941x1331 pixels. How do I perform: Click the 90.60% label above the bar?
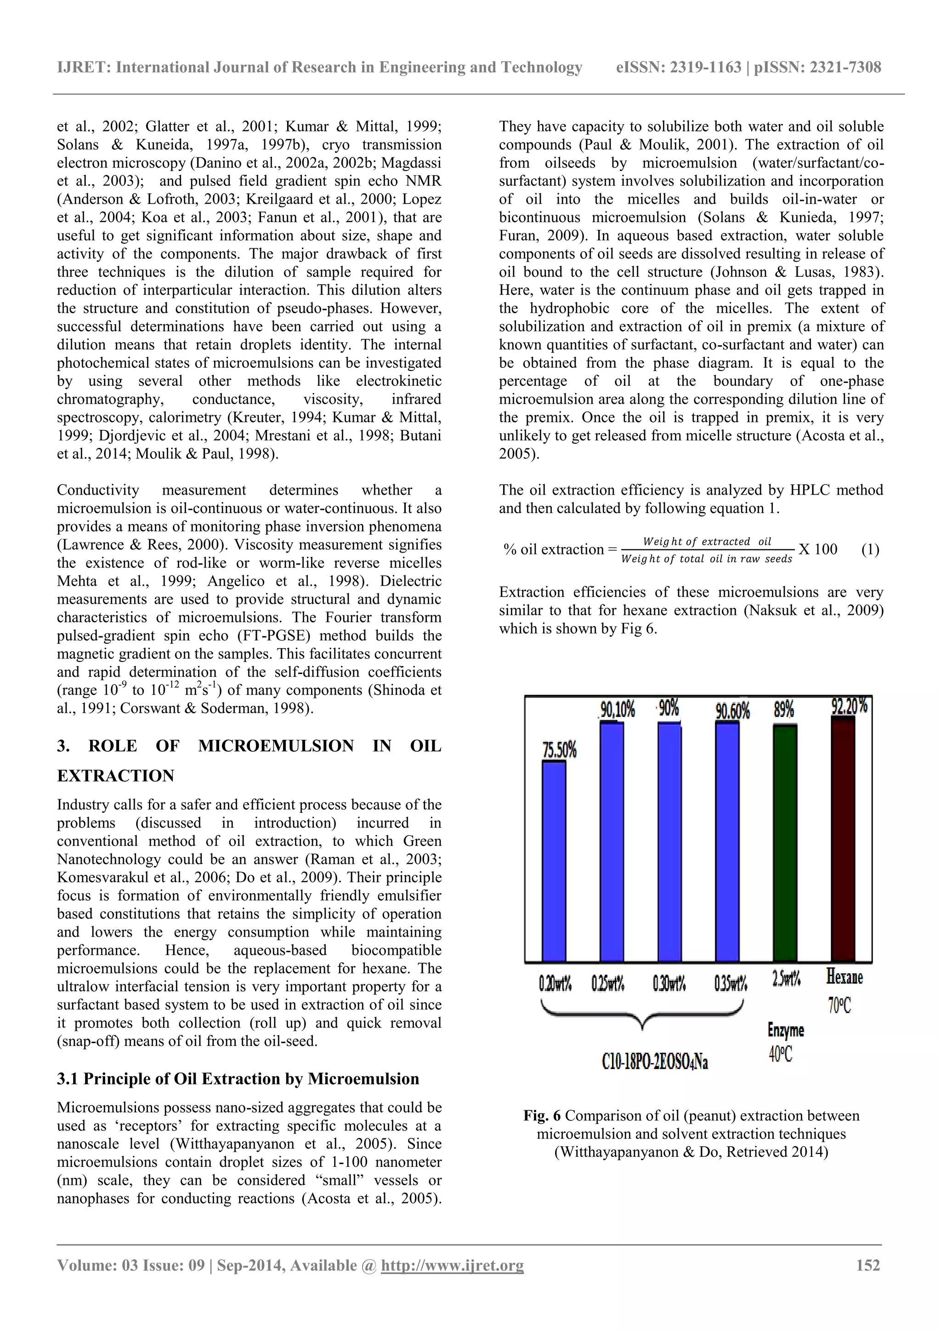click(x=732, y=710)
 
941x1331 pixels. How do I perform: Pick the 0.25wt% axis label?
click(x=608, y=984)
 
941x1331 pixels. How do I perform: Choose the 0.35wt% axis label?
click(x=731, y=984)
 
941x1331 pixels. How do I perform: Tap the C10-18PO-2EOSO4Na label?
click(x=655, y=1062)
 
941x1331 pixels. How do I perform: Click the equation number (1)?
click(x=870, y=549)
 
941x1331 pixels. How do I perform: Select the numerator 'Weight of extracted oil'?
click(x=707, y=542)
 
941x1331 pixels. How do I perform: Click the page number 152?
click(x=868, y=1265)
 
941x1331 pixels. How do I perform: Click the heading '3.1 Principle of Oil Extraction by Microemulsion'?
click(x=238, y=1079)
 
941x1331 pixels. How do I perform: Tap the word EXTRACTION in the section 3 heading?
click(x=115, y=776)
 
